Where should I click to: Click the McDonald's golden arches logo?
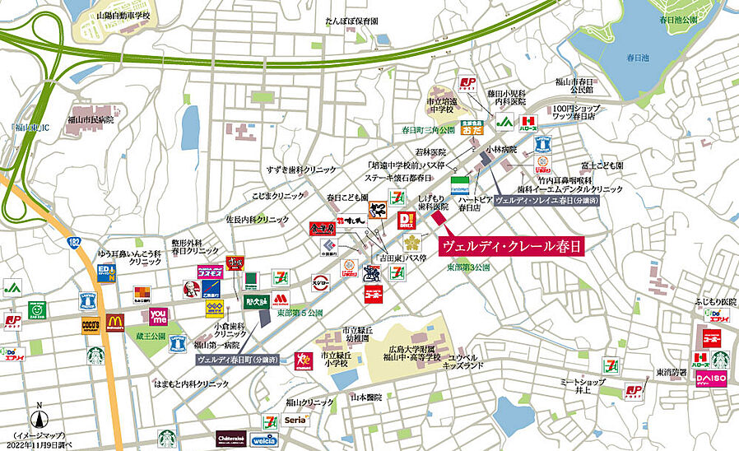[x=114, y=322]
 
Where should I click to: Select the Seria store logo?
[x=295, y=421]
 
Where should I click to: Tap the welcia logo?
[x=264, y=439]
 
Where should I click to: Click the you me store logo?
[x=159, y=316]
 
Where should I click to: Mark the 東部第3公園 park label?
[x=472, y=268]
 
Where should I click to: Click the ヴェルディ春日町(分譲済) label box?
[x=238, y=360]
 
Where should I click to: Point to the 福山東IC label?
[x=31, y=128]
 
